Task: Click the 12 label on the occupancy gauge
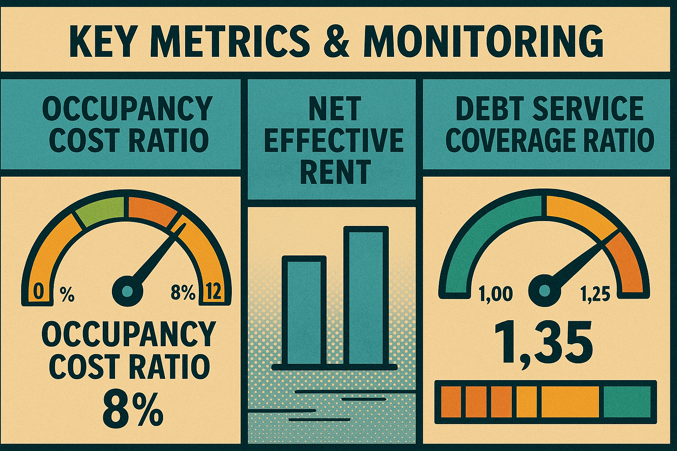214,292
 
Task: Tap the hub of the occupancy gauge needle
128,290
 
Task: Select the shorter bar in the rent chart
304,311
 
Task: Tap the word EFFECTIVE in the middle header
334,140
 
